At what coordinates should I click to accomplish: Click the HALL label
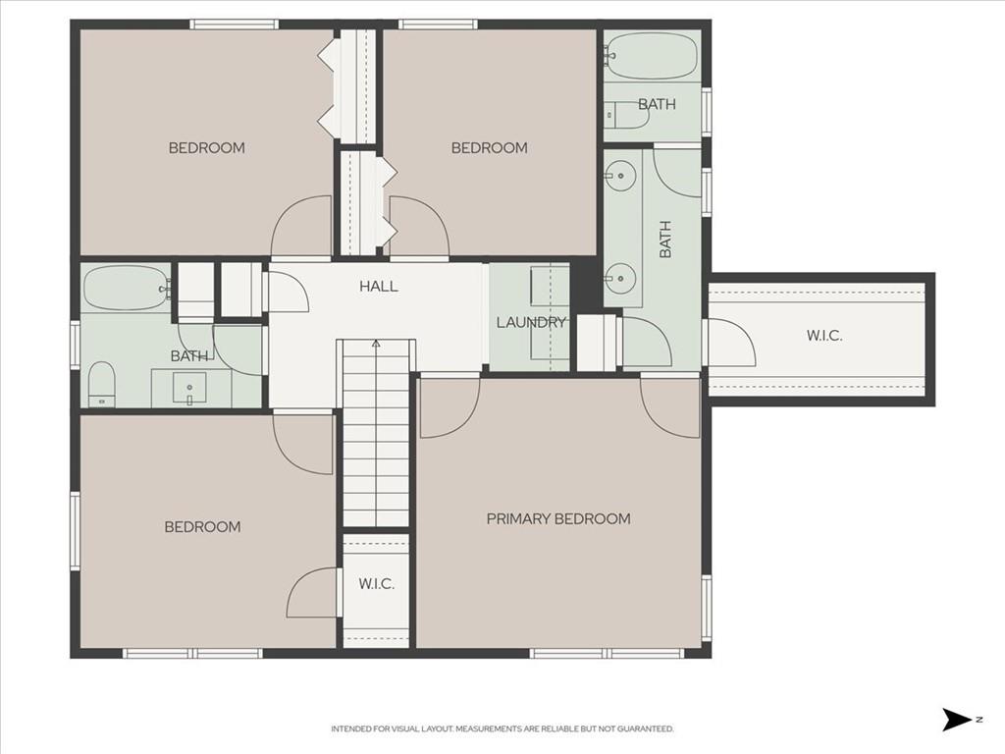pyautogui.click(x=378, y=286)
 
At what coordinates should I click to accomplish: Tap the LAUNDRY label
pyautogui.click(x=531, y=322)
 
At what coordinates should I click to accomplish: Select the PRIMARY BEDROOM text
pyautogui.click(x=558, y=518)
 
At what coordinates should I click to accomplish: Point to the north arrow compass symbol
pyautogui.click(x=957, y=720)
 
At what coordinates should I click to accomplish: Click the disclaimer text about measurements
pyautogui.click(x=502, y=729)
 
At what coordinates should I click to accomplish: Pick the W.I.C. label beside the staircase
pyautogui.click(x=376, y=584)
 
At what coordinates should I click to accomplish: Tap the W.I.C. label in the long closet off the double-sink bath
pyautogui.click(x=824, y=336)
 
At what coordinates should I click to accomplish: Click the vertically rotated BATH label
pyautogui.click(x=665, y=240)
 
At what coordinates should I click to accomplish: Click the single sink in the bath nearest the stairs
pyautogui.click(x=189, y=389)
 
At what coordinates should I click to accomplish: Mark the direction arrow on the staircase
pyautogui.click(x=376, y=344)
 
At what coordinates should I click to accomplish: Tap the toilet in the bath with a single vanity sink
pyautogui.click(x=101, y=384)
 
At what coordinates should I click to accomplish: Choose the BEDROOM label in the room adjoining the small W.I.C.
pyautogui.click(x=202, y=527)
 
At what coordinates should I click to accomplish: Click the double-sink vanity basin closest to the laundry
pyautogui.click(x=620, y=278)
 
